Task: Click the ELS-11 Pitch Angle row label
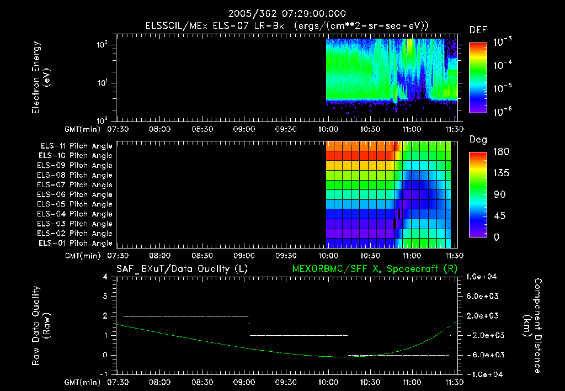[76, 146]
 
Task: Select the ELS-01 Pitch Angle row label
[76, 244]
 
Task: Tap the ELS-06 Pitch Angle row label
[76, 195]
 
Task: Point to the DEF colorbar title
[477, 30]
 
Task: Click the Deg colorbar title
[477, 140]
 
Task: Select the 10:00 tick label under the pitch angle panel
[329, 256]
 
